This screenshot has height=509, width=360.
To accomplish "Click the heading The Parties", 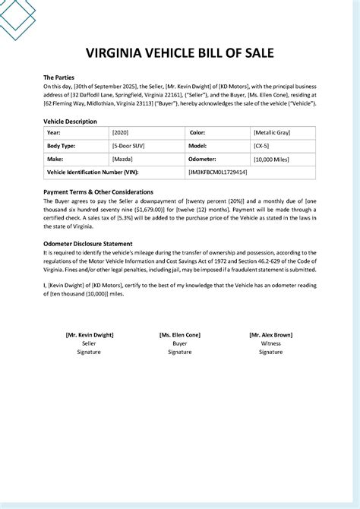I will point(59,77).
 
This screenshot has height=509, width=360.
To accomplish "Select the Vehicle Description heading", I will point(70,121).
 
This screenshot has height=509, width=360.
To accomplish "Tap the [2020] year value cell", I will point(121,132).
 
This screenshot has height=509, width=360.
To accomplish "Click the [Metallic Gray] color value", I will point(273,132).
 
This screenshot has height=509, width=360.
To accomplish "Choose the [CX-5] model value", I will point(263,146).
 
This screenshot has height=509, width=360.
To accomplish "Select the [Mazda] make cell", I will point(122,160).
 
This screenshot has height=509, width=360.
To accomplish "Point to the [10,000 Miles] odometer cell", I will point(273,160).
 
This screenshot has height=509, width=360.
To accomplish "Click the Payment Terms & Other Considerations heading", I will point(99,192).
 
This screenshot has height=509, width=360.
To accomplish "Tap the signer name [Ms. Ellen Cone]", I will point(180,334).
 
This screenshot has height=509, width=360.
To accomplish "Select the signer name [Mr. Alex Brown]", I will point(271,334).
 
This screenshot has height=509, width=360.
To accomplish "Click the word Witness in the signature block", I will point(271,343).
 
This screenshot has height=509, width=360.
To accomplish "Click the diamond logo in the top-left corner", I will point(17,15).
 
